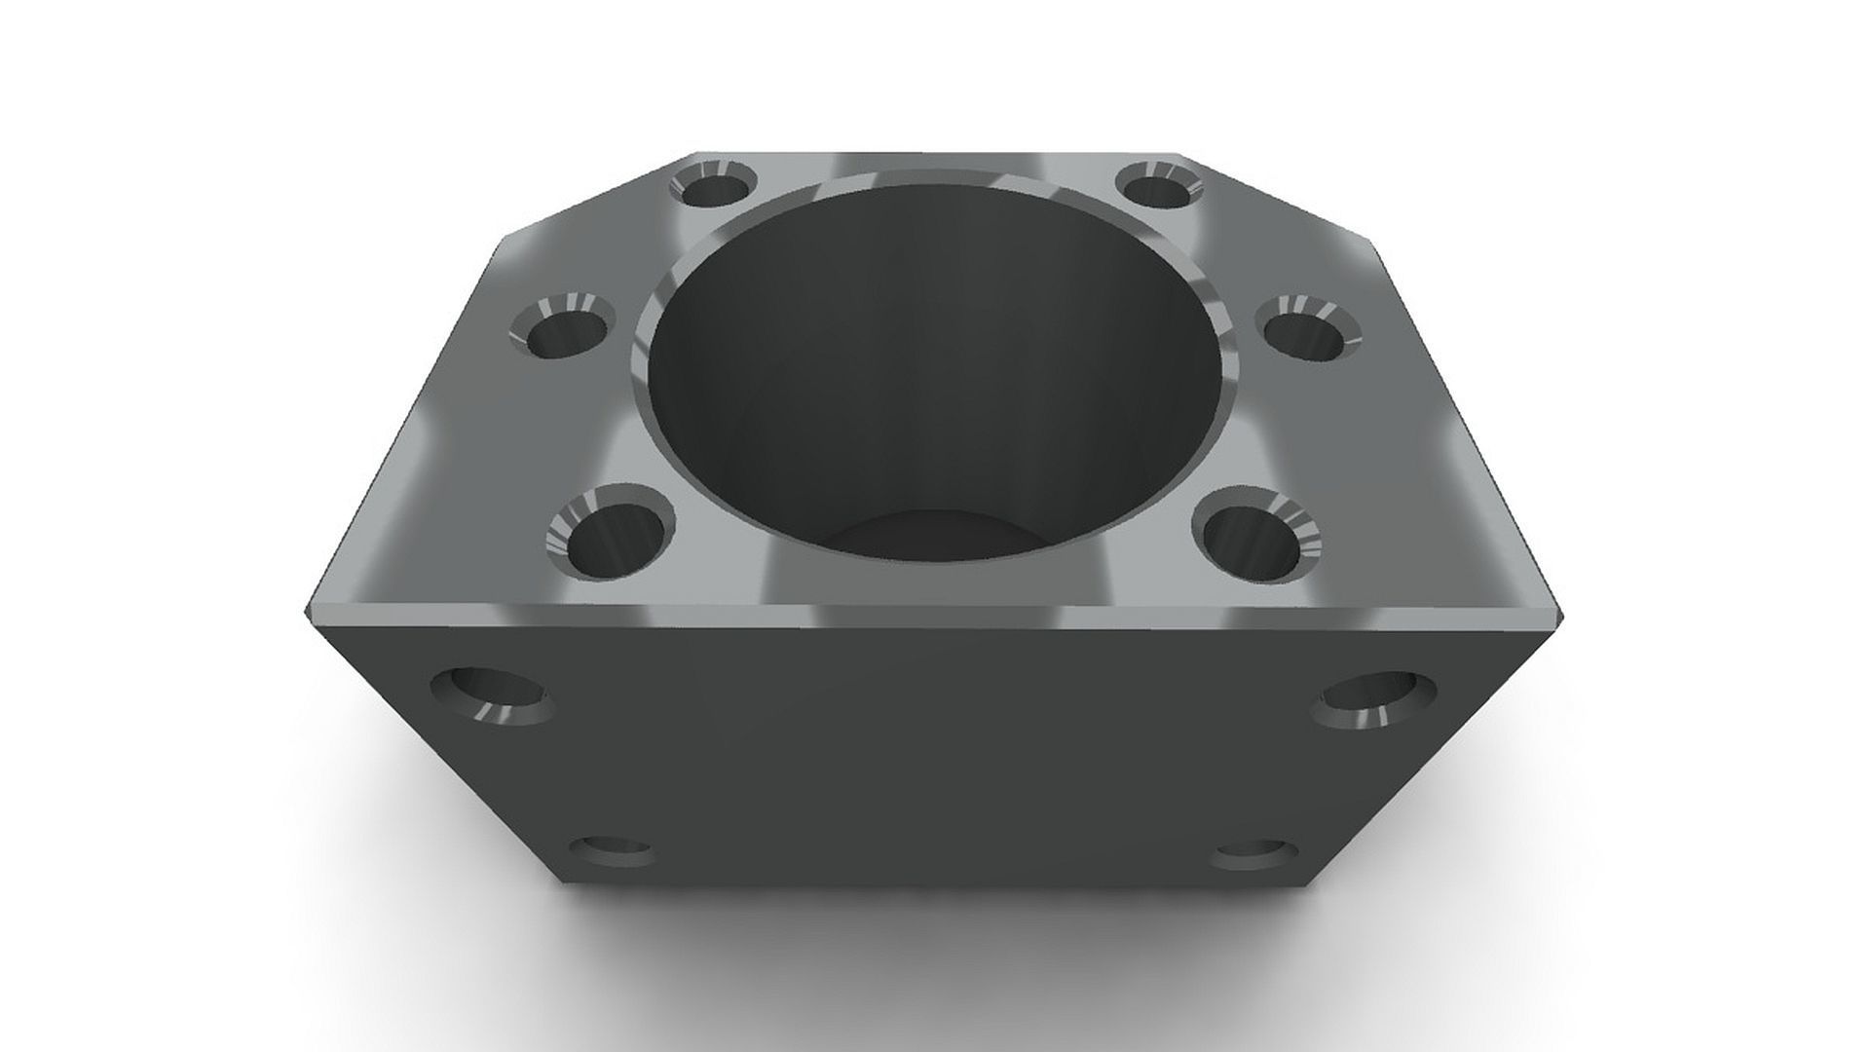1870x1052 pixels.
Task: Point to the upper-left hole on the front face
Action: point(492,696)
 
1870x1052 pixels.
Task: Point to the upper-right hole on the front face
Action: point(1373,699)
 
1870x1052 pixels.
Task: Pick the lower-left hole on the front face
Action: point(612,851)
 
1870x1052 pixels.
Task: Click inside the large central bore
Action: point(925,380)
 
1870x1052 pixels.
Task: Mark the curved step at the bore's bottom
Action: point(930,531)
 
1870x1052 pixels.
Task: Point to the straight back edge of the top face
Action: point(935,153)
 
